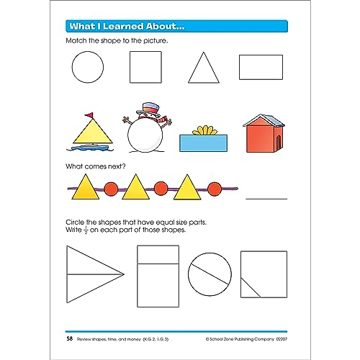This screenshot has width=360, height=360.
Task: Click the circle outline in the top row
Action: pos(88,68)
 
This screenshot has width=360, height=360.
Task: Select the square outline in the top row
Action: pos(145,68)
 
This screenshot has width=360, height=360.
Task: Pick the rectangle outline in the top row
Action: pos(261,67)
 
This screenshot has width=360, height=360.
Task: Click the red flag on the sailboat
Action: pos(90,114)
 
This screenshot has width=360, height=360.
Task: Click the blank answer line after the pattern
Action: pos(266,197)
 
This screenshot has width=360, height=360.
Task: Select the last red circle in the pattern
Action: pos(214,189)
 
